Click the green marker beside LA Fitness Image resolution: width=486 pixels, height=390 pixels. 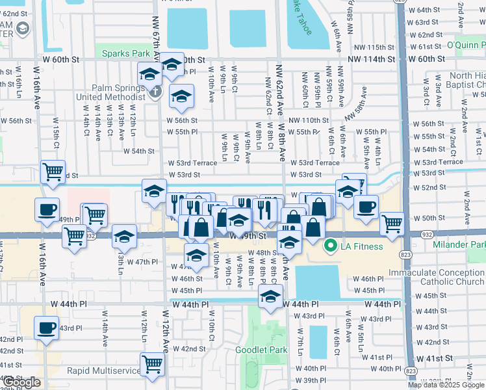coord(330,246)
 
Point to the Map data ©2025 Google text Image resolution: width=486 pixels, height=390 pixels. coord(445,385)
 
